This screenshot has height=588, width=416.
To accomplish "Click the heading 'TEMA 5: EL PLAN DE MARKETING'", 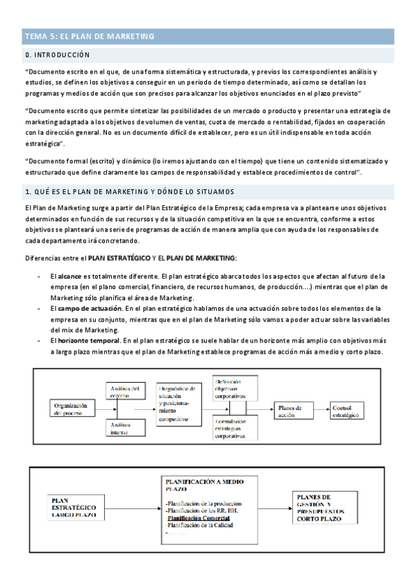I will (x=90, y=35).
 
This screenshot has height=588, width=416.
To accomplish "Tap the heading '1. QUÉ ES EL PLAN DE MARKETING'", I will (x=129, y=191).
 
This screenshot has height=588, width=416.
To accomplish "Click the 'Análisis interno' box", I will (x=125, y=429).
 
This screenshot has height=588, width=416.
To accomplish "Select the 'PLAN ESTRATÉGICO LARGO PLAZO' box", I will (x=74, y=506).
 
